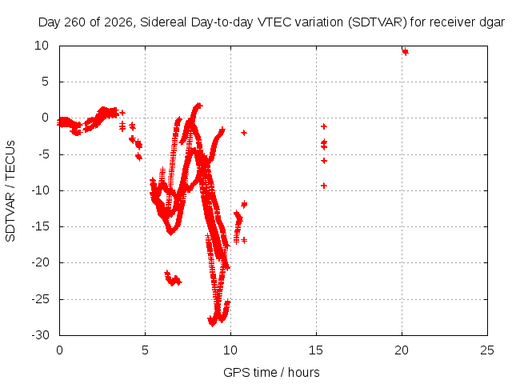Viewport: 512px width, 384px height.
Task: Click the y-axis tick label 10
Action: (42, 46)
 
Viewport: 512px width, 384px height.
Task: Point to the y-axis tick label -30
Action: (41, 335)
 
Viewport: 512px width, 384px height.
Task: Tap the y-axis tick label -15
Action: (41, 226)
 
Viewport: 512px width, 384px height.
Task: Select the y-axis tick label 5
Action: (45, 82)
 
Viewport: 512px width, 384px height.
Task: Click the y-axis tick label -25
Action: (41, 298)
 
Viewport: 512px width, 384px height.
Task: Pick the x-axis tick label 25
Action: (487, 350)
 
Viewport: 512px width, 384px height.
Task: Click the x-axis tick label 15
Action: (316, 350)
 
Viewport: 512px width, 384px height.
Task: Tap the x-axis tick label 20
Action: (402, 350)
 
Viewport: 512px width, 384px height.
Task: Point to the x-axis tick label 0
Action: (59, 350)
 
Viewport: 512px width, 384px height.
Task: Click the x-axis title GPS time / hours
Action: (271, 373)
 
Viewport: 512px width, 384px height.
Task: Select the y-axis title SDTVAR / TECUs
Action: (10, 191)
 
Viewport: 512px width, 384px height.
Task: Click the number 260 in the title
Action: (75, 22)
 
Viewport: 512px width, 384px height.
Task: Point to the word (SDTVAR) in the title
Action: (377, 22)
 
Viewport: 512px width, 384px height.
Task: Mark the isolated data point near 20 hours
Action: (406, 51)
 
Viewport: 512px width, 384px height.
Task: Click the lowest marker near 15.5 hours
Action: (324, 186)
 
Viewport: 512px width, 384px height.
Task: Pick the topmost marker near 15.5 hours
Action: (324, 126)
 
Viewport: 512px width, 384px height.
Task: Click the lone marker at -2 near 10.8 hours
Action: (244, 133)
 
